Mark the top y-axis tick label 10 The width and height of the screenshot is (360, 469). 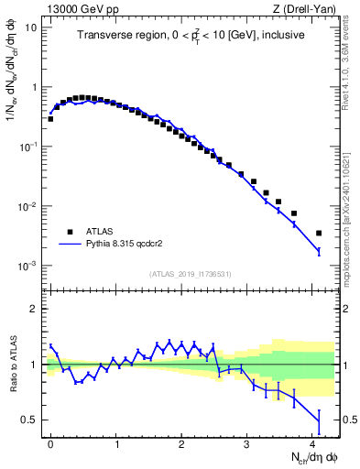click(31, 27)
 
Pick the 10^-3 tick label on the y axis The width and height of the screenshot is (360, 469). click(28, 266)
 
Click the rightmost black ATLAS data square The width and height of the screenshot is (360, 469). click(319, 234)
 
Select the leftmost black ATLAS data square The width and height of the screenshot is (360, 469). click(51, 119)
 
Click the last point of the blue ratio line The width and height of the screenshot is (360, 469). click(319, 421)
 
